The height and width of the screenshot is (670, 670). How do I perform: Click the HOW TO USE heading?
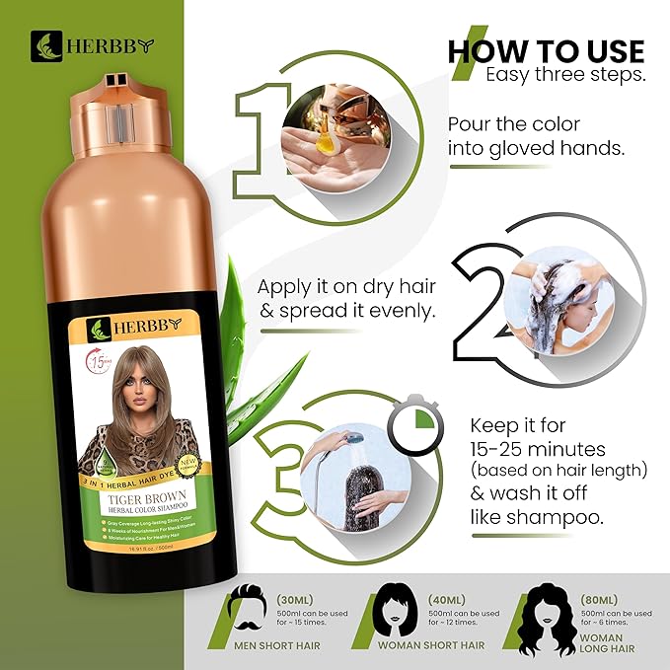pyautogui.click(x=546, y=50)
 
